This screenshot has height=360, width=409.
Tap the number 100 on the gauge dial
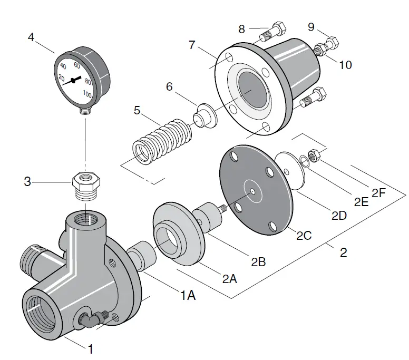click(87, 95)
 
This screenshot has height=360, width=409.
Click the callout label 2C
click(304, 236)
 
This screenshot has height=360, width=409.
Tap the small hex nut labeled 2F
click(311, 155)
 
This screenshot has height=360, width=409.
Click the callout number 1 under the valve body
click(90, 348)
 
